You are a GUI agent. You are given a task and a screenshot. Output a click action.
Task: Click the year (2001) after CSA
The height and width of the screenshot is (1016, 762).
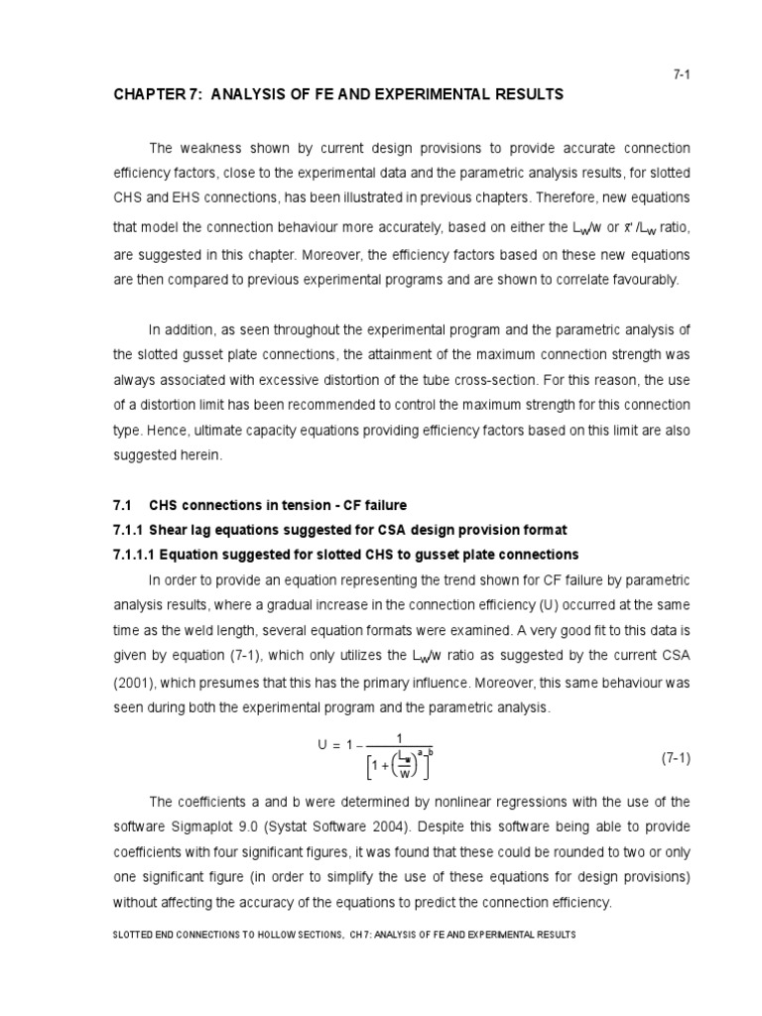140,685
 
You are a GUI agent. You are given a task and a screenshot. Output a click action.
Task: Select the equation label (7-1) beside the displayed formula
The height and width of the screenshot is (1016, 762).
675,758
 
